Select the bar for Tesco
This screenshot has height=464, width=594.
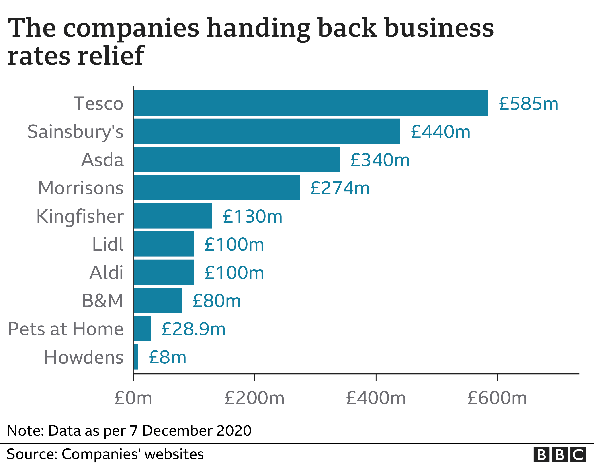point(311,103)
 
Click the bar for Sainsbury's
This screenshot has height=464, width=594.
point(267,131)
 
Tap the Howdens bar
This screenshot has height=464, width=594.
point(136,357)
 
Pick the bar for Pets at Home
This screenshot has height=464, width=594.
point(142,329)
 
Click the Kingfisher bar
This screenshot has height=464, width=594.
point(173,216)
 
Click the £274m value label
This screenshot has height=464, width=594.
point(340,188)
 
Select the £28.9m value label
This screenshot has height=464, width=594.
point(193,329)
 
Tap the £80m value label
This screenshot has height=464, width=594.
point(217,301)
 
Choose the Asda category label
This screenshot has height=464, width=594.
point(102,160)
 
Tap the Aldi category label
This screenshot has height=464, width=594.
point(106,272)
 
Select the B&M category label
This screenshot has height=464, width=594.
point(102,300)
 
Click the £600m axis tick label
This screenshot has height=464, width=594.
point(497,398)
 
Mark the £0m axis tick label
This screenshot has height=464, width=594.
point(133,398)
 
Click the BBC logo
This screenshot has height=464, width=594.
point(560,454)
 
